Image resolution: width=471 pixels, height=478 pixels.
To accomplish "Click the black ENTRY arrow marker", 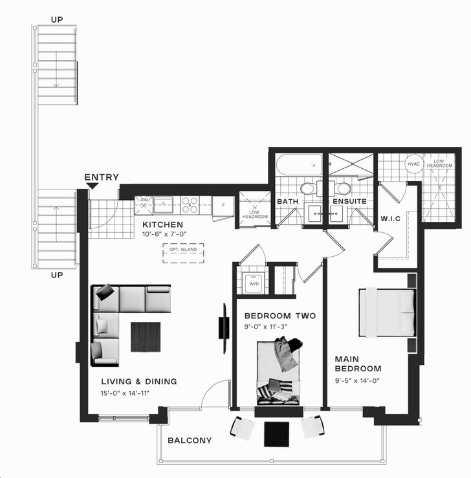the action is (x=92, y=186).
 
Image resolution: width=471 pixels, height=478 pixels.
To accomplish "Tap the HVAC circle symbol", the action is (x=413, y=164).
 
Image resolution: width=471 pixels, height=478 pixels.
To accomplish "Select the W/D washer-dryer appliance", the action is (x=254, y=283).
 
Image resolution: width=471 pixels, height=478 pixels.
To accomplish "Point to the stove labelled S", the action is (x=190, y=205).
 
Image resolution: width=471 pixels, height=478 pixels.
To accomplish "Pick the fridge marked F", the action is (x=223, y=206).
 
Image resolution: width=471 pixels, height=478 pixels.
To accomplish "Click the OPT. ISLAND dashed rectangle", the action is (x=183, y=253).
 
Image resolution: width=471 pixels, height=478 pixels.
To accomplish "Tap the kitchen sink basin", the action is (x=163, y=204).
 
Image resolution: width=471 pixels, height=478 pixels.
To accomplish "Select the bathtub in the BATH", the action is (x=299, y=165).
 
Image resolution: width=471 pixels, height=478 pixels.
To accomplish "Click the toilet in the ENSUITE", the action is (x=342, y=188).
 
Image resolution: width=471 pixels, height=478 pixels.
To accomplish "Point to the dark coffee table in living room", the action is (x=146, y=337).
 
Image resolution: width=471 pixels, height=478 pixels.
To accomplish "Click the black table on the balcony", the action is (x=276, y=434).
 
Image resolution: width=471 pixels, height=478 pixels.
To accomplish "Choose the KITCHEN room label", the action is (x=163, y=224).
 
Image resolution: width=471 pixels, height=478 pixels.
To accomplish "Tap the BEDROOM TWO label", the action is (x=280, y=316).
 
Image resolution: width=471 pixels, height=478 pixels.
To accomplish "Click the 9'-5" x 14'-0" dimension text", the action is (x=357, y=380).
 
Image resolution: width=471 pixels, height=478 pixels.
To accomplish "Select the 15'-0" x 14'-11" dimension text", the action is (x=125, y=393).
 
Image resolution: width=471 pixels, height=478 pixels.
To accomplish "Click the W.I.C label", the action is (x=391, y=219).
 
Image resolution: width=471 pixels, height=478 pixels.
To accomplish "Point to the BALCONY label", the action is (x=190, y=440).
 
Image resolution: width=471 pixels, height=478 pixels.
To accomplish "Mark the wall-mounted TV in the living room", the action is (x=225, y=328).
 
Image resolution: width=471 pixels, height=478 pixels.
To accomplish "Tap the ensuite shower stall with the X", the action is (x=351, y=164).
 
